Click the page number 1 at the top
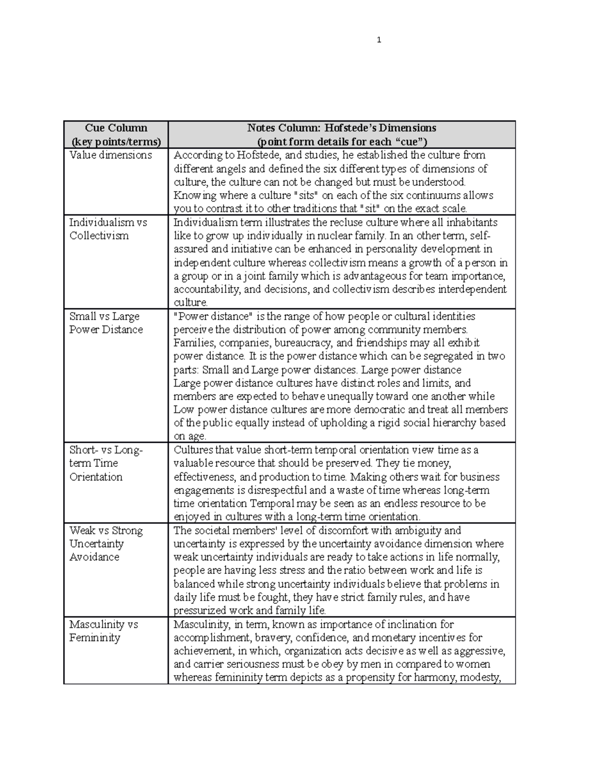click(378, 40)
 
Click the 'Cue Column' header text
click(116, 128)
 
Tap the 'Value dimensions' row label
click(111, 155)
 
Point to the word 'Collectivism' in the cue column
click(99, 236)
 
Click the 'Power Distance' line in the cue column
click(106, 330)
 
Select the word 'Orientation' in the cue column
click(96, 477)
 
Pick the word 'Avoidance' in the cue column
click(95, 557)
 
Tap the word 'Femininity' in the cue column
click(95, 638)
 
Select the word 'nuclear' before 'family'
click(322, 236)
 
